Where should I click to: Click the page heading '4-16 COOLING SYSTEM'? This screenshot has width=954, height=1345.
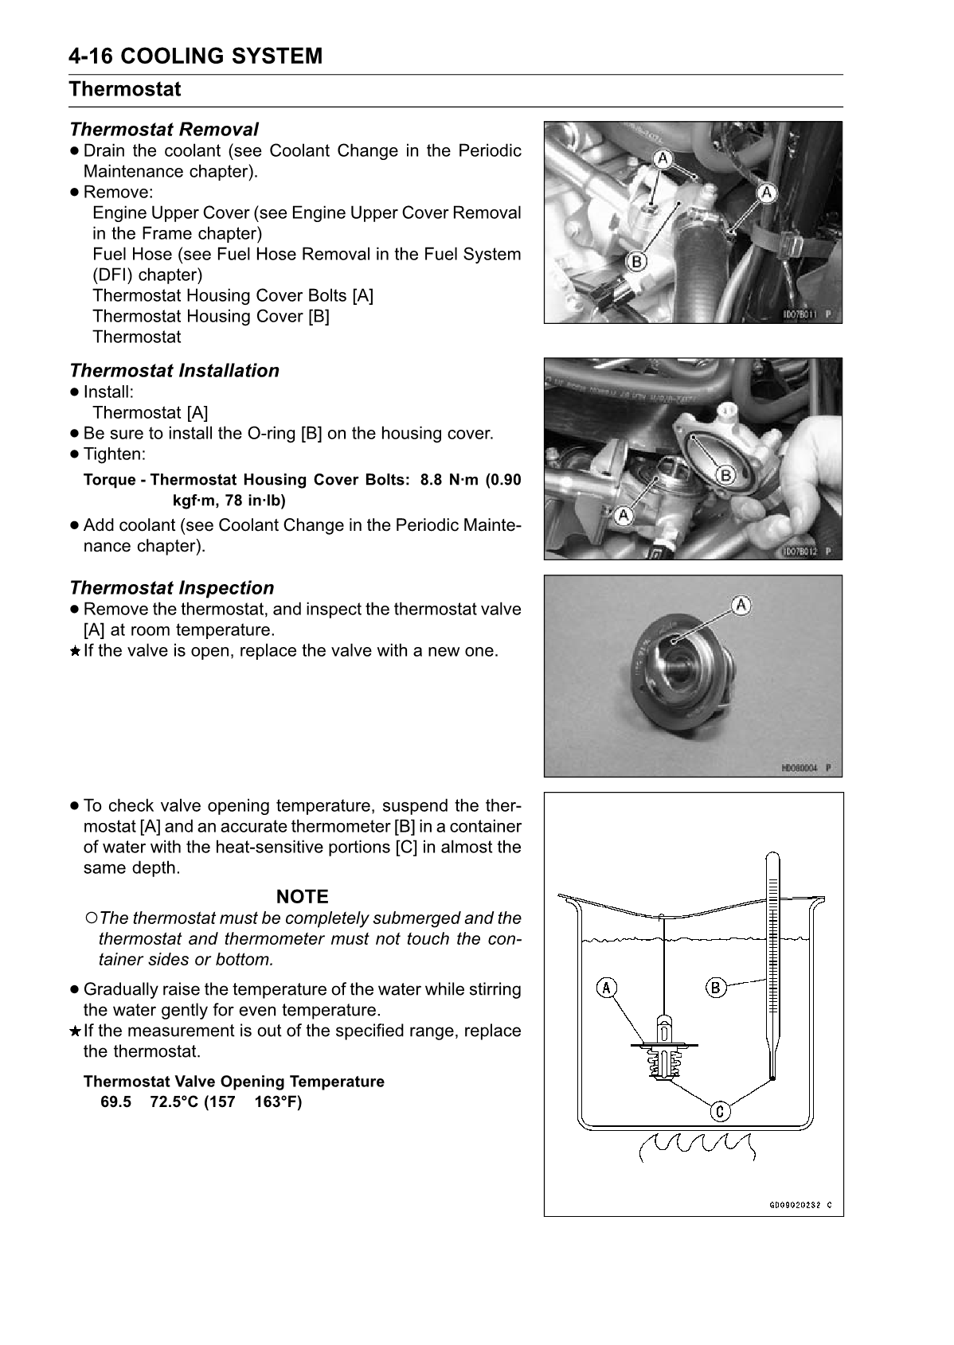(x=195, y=57)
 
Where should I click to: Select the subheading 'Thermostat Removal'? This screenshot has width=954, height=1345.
(x=163, y=129)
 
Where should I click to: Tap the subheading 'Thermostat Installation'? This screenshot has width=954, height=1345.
(x=174, y=371)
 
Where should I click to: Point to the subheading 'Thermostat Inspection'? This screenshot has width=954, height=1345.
(x=171, y=588)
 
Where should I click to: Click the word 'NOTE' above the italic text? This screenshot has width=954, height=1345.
(x=302, y=897)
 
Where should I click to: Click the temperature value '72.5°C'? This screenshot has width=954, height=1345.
(x=174, y=1103)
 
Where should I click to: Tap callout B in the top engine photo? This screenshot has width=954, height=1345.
(x=635, y=260)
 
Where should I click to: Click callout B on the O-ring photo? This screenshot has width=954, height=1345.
(x=725, y=475)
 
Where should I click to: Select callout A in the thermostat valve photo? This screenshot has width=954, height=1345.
(x=741, y=606)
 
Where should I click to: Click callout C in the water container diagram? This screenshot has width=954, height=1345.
(x=719, y=1111)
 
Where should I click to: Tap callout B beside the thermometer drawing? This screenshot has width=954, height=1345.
(x=716, y=988)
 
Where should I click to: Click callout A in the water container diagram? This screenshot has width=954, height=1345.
(x=606, y=988)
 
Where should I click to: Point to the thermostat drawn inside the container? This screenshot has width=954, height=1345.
(x=663, y=1051)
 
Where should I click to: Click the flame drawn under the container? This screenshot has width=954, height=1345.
(x=695, y=1147)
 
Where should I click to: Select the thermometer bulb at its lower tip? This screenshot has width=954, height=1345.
(x=772, y=1078)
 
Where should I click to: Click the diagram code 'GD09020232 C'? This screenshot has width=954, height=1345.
(x=800, y=1205)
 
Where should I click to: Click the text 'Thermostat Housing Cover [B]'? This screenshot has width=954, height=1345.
(x=210, y=317)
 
